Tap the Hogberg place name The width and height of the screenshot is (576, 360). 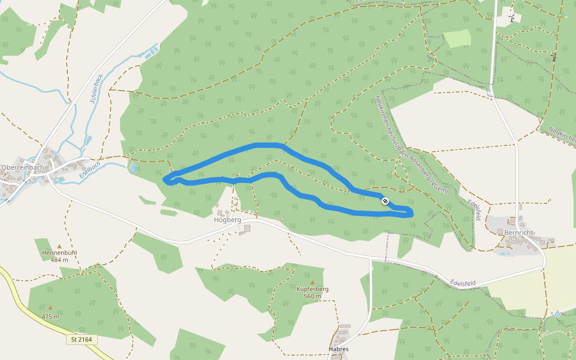227,220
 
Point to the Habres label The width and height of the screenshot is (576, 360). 338,349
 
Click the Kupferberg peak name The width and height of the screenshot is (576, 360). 313,289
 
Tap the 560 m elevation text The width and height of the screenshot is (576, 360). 313,296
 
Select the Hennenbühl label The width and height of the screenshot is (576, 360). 59,253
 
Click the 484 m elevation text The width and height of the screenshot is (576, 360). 59,260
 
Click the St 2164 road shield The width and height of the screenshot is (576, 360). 82,340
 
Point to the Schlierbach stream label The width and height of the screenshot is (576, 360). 96,88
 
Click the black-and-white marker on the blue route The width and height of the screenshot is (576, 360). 385,202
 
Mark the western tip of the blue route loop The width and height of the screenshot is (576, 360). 165,178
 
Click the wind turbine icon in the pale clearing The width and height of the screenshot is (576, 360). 511,19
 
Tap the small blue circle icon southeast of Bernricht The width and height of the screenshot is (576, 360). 557,314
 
